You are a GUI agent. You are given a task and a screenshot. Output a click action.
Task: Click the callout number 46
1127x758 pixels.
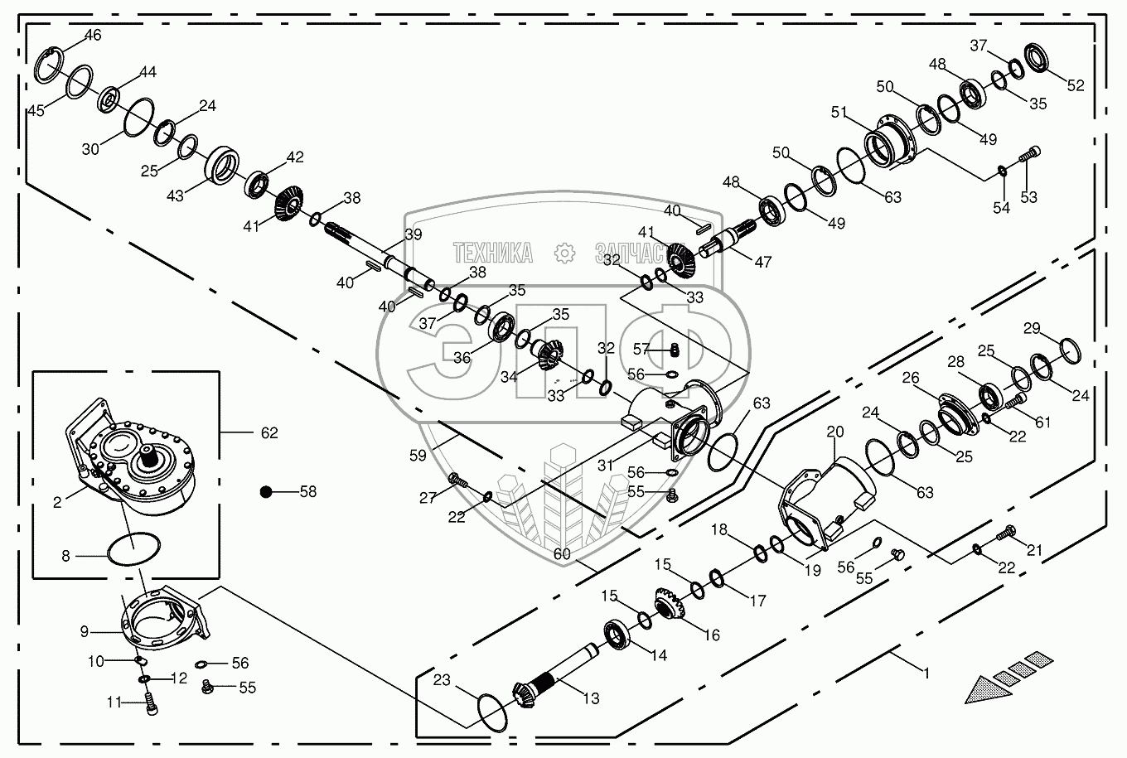coord(93,35)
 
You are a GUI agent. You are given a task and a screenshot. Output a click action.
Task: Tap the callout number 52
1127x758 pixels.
coord(1075,84)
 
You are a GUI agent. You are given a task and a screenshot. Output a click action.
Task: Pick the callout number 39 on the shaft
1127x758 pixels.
coord(413,234)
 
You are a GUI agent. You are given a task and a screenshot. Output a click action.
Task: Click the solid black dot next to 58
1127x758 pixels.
coord(266,491)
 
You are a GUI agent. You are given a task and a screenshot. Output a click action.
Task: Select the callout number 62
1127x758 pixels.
coord(269,432)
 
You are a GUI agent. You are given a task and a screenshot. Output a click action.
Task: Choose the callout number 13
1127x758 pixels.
coord(590,698)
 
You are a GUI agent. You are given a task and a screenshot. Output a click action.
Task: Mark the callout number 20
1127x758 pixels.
coord(834,432)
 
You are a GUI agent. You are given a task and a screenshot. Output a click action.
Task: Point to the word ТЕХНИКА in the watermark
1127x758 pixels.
coord(492,253)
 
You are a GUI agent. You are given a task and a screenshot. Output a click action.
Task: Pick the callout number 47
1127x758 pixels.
coord(762,262)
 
